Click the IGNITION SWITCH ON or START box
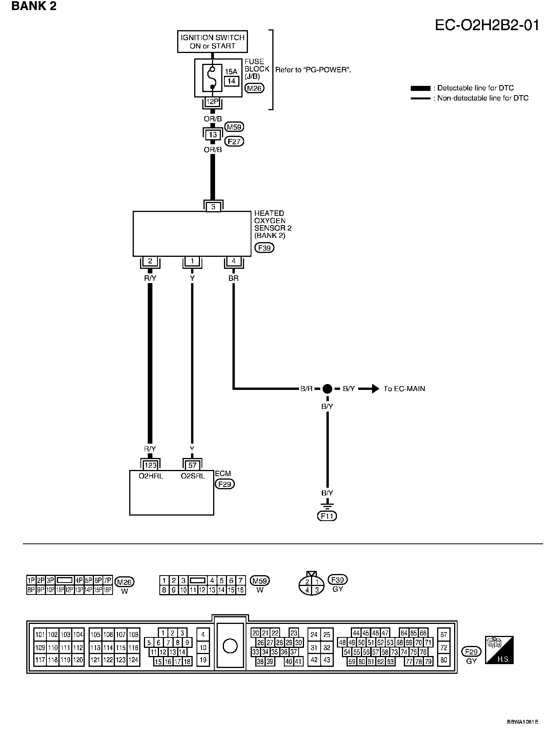point(213,42)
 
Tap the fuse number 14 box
point(231,81)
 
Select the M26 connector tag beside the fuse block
point(255,89)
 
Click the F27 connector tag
point(234,142)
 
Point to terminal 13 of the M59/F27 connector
point(212,135)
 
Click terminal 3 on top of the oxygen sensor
point(213,207)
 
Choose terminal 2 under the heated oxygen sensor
point(150,261)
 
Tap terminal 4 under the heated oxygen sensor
point(234,261)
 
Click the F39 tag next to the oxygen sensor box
point(264,248)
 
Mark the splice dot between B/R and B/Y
point(327,389)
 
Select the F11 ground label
point(327,516)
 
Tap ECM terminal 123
point(150,465)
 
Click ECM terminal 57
point(192,465)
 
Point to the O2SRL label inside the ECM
point(193,476)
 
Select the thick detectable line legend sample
point(420,88)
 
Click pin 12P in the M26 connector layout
point(69,590)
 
